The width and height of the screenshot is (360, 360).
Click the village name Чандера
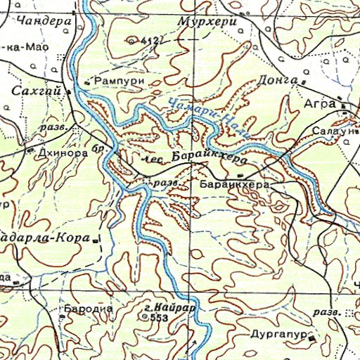pyautogui.click(x=49, y=21)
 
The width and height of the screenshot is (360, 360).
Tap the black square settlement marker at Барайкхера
pyautogui.click(x=240, y=176)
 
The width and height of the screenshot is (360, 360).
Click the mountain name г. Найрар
pyautogui.click(x=168, y=307)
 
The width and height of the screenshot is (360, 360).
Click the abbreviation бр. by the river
pyautogui.click(x=101, y=149)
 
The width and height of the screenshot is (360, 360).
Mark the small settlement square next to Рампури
pyautogui.click(x=86, y=83)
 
